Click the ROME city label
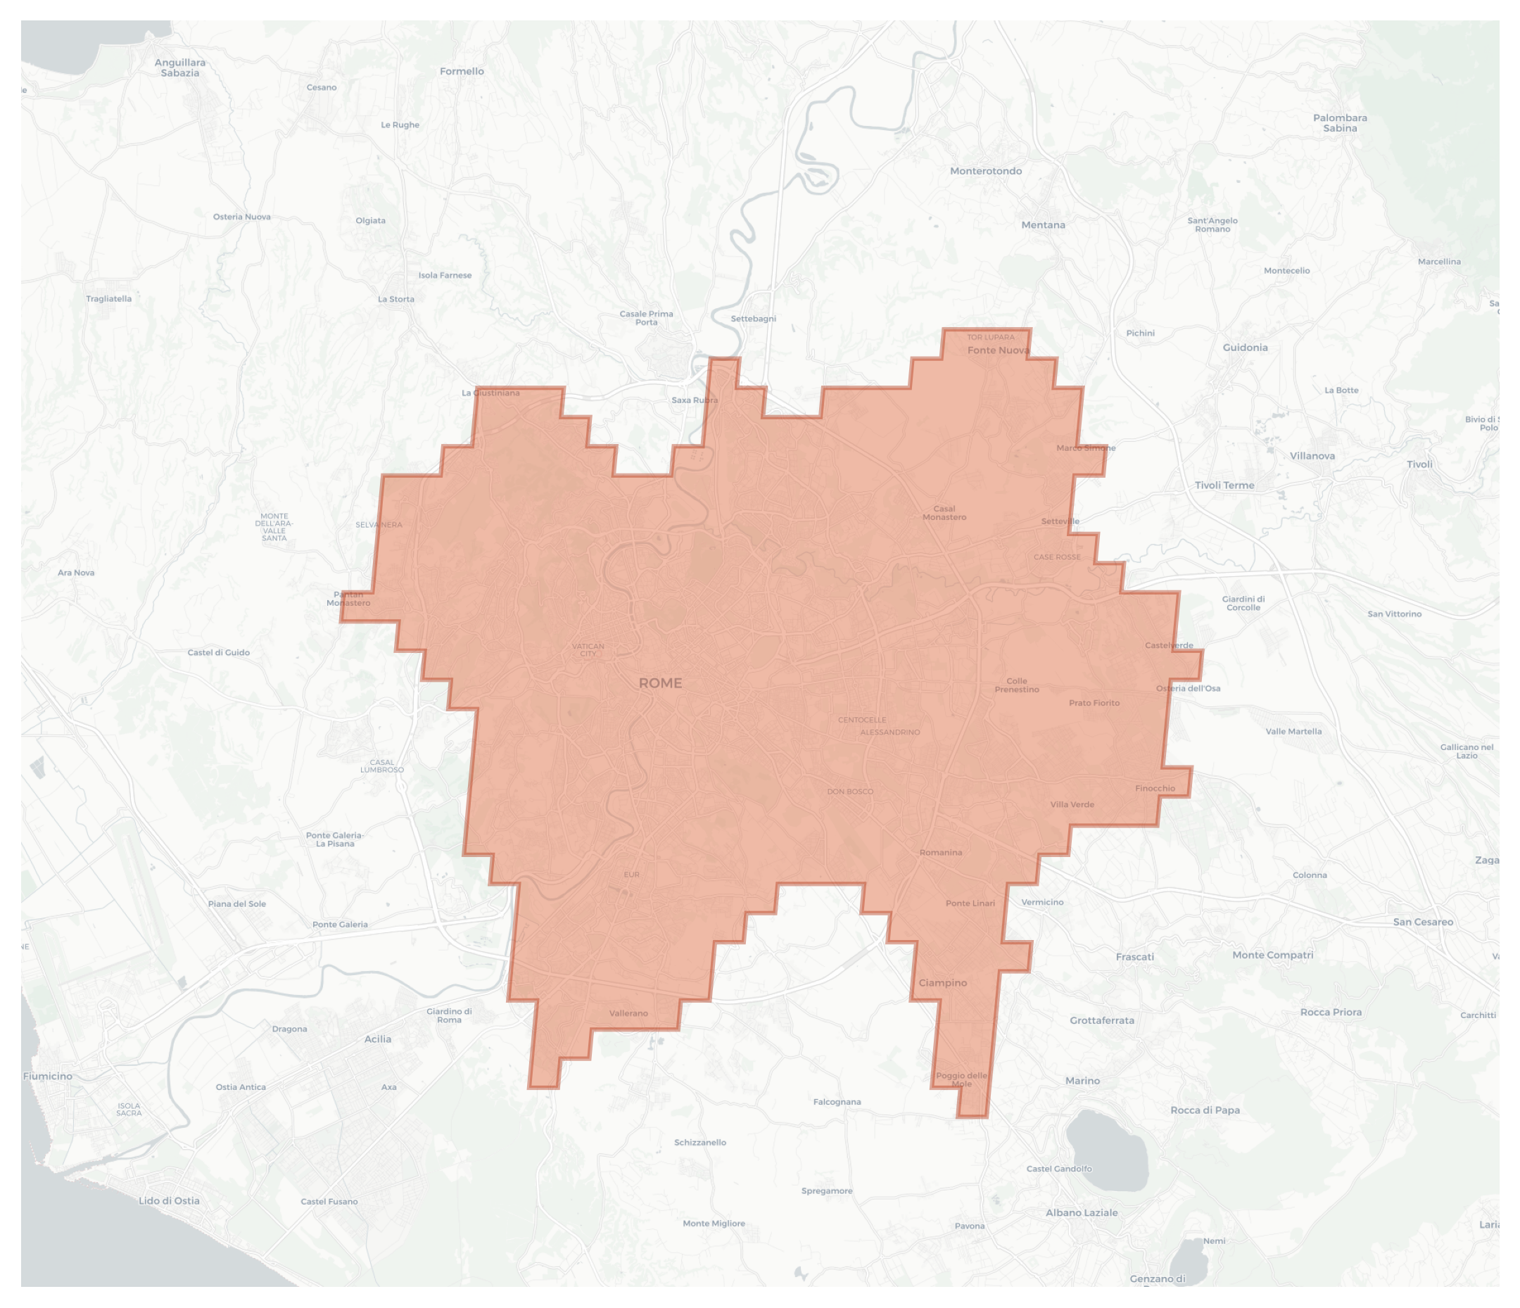pos(660,683)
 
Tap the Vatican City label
pos(588,650)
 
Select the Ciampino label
pos(943,983)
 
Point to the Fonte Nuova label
pos(998,350)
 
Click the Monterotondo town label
pos(985,171)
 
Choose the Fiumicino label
pos(48,1077)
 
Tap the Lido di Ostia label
pos(169,1201)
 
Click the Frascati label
pos(1134,957)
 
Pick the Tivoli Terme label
pos(1224,485)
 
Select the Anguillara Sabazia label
pos(179,68)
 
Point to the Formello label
pos(462,71)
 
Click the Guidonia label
pos(1245,348)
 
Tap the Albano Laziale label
pos(1082,1212)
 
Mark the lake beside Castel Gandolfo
pos(1106,1150)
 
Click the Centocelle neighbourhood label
pos(862,720)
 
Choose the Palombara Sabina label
pos(1340,122)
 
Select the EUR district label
pos(632,875)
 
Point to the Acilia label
pos(378,1039)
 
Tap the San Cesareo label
pos(1422,922)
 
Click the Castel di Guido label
pos(219,652)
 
